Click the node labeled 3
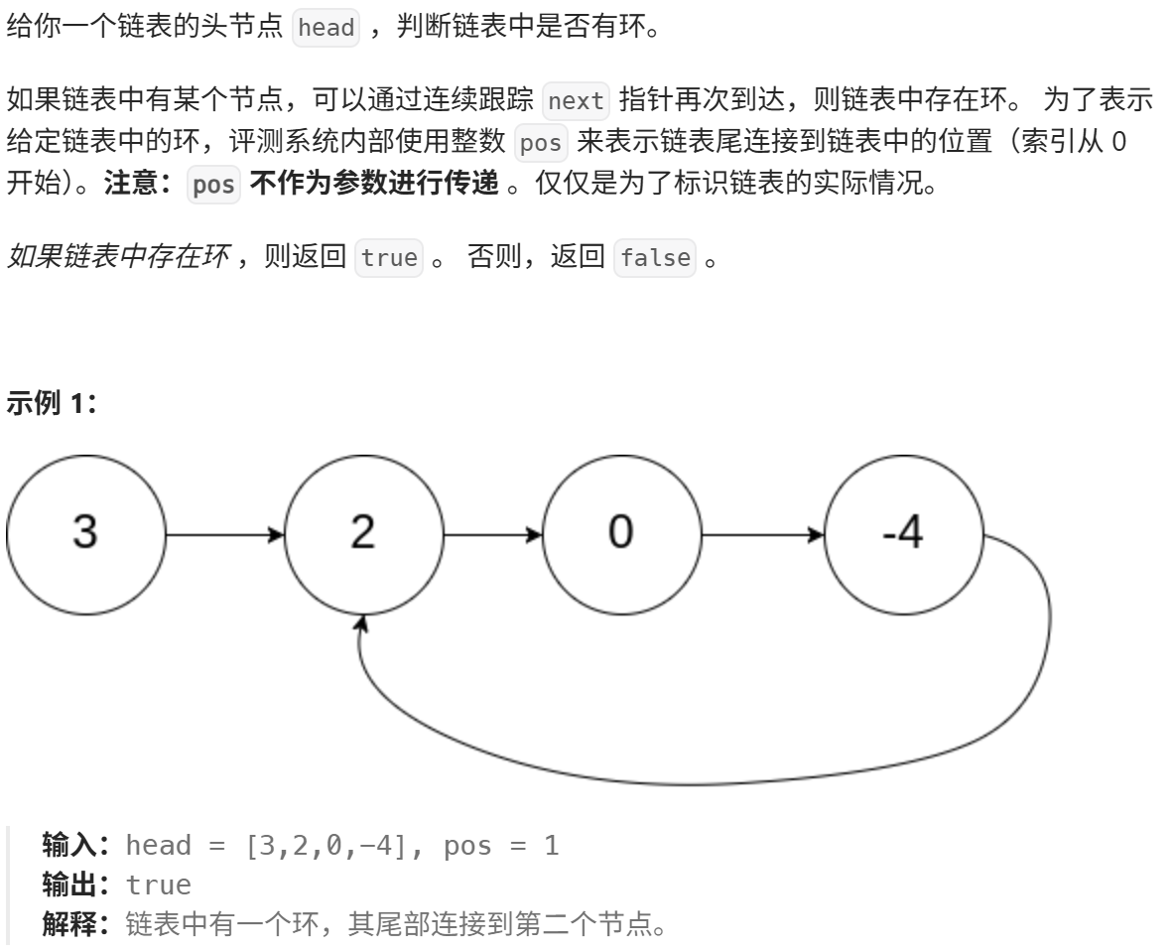(x=84, y=533)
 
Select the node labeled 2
(x=363, y=533)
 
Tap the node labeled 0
(x=620, y=533)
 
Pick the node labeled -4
(x=903, y=533)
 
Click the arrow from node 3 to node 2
(x=224, y=534)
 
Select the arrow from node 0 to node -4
(x=762, y=534)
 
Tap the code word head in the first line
(x=326, y=27)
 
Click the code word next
(x=576, y=101)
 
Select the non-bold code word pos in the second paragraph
(x=541, y=143)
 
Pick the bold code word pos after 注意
(x=213, y=186)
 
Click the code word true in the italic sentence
(x=390, y=258)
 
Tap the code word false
(x=655, y=258)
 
